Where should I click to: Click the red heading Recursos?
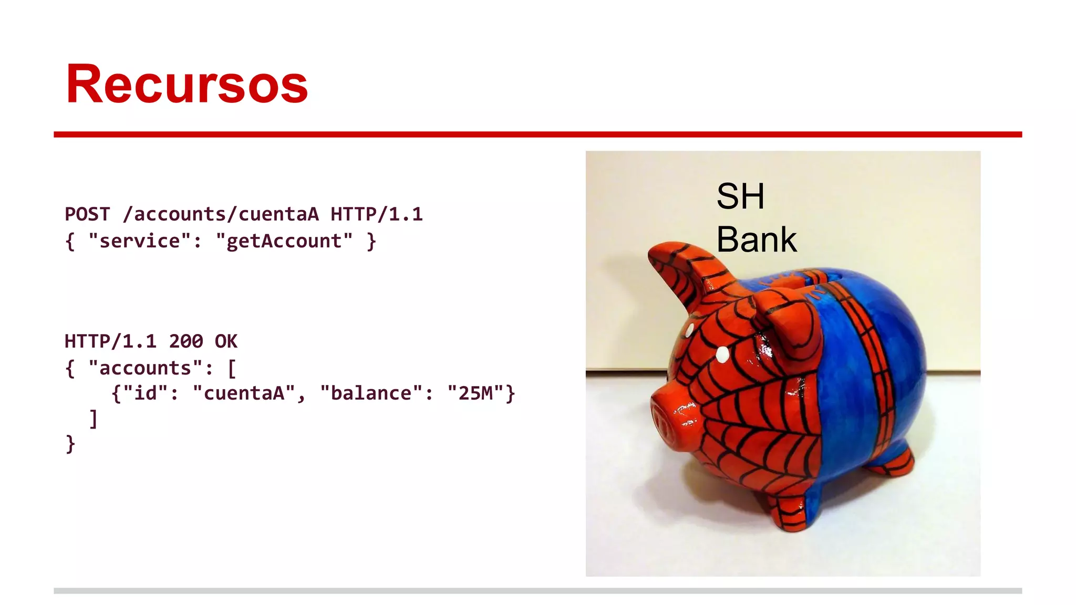187,84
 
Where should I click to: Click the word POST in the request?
87,214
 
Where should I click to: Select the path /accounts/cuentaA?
221,214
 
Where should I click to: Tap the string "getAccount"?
284,241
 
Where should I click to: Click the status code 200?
186,341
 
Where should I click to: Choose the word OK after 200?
226,341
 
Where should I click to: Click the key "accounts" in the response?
145,368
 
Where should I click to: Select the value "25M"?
475,393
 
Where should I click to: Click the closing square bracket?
94,419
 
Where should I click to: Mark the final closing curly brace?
70,444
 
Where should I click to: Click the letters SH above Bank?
740,196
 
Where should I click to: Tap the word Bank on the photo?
757,239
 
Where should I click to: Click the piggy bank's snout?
670,420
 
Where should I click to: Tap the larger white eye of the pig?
723,354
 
